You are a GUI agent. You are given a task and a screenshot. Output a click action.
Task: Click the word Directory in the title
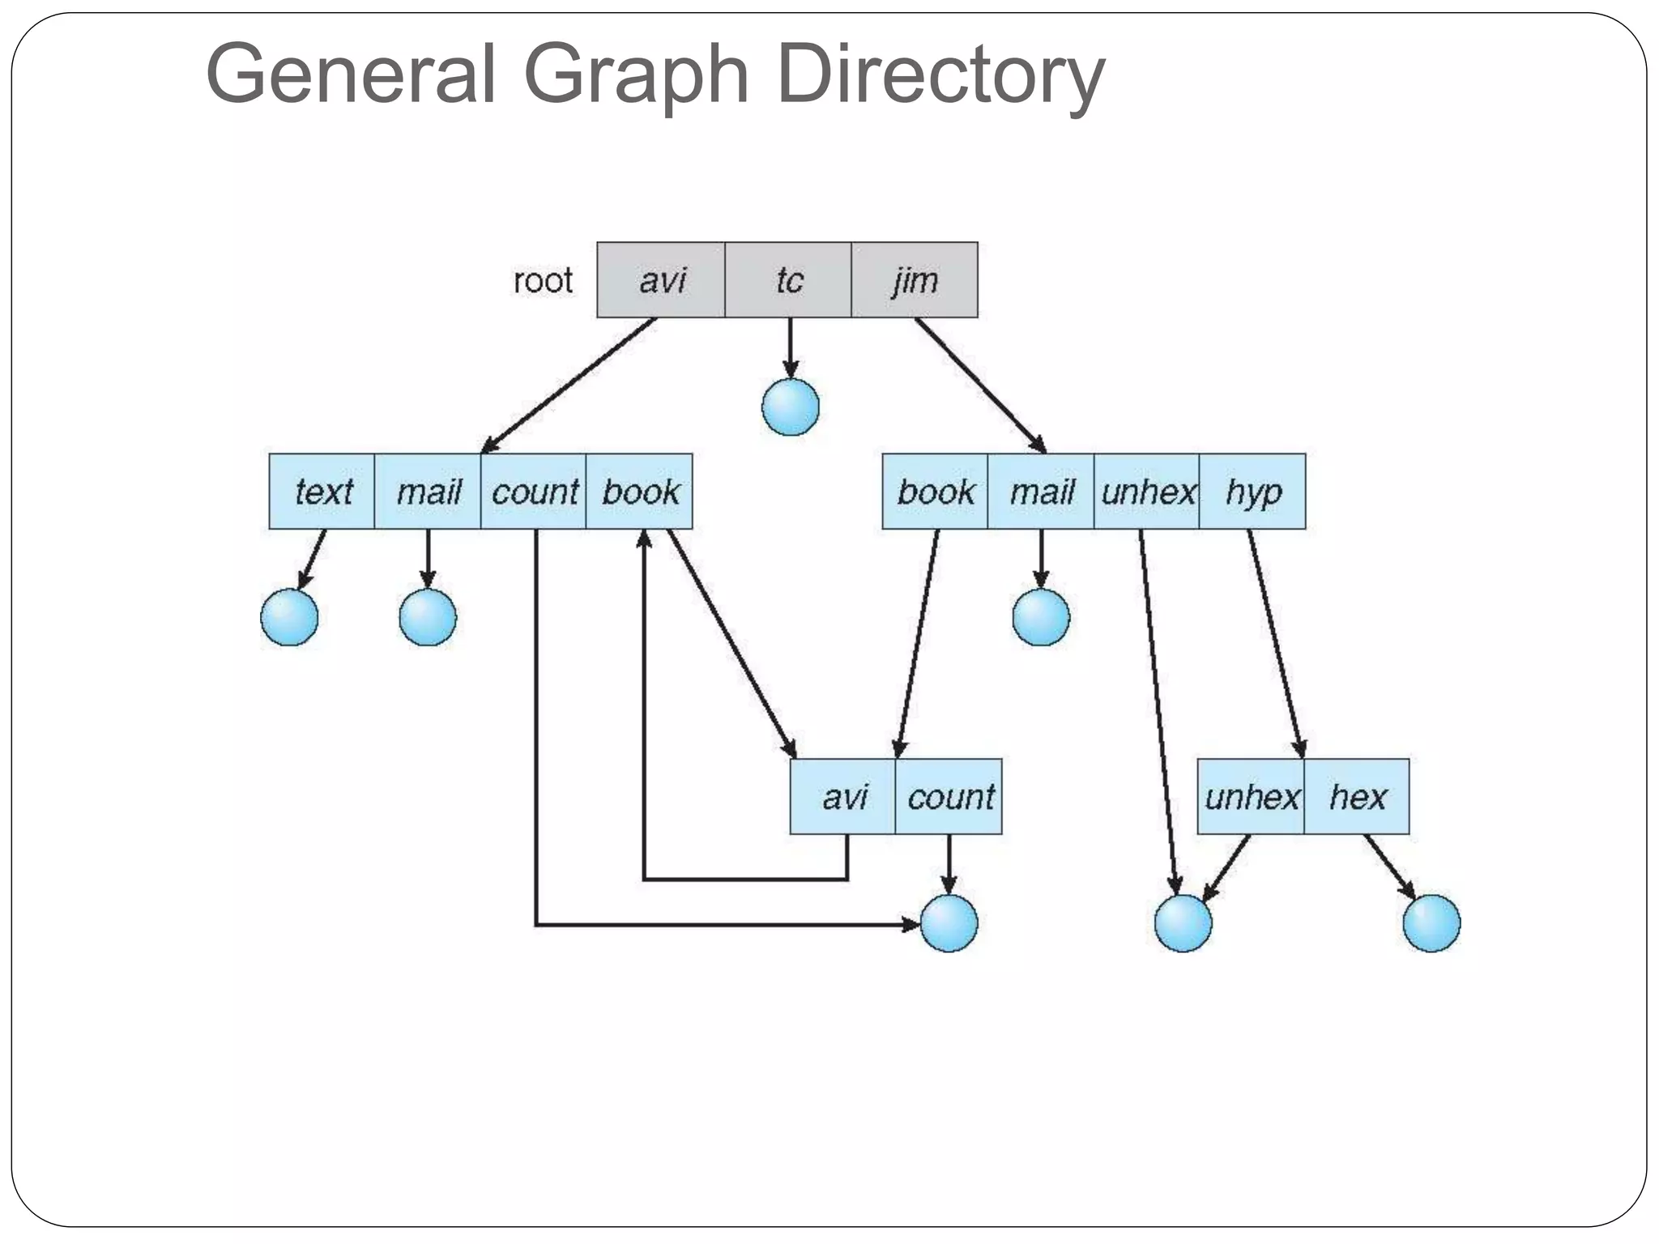(x=940, y=75)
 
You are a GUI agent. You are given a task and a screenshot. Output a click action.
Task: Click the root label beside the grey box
(x=543, y=281)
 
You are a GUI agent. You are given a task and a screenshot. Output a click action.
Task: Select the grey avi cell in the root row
(x=661, y=280)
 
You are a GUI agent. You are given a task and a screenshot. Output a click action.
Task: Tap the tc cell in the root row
(x=788, y=280)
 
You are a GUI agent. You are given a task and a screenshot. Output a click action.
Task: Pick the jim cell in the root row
(x=915, y=280)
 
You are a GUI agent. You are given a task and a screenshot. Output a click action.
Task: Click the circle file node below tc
(x=791, y=407)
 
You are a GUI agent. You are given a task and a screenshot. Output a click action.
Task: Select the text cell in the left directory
(x=322, y=492)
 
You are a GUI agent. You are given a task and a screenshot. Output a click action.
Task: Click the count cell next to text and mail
(x=534, y=492)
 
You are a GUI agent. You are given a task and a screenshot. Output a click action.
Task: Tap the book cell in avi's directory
(x=640, y=492)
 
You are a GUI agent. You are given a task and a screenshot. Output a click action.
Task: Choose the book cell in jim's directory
(x=936, y=492)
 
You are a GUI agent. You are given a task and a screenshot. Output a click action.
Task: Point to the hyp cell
(x=1252, y=492)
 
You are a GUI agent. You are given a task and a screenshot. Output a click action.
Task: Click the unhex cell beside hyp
(x=1147, y=492)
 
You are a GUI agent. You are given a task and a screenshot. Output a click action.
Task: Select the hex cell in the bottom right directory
(x=1357, y=797)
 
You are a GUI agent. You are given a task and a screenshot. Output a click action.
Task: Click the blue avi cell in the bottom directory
(x=843, y=797)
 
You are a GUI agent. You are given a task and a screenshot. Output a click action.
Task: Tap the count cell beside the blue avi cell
(x=949, y=797)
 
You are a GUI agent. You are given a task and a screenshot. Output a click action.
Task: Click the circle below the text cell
(x=289, y=617)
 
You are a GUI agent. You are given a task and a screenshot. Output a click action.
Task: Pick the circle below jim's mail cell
(x=1041, y=617)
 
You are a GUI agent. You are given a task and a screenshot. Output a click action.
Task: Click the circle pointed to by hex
(x=1431, y=923)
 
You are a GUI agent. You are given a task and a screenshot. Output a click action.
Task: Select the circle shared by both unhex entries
(x=1183, y=923)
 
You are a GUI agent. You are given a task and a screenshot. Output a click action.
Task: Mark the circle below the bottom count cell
(x=949, y=923)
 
